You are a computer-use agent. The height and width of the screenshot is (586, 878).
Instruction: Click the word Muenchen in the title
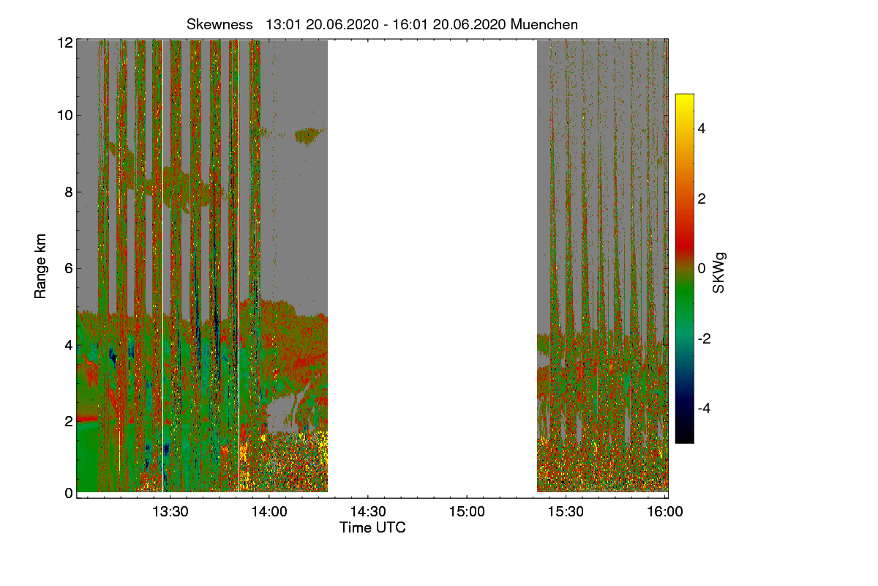coord(544,24)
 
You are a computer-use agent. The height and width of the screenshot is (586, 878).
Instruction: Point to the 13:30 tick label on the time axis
coord(170,512)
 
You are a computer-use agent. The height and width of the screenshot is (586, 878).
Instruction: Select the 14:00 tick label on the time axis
coord(269,512)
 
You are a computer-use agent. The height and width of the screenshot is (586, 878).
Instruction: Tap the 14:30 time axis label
coord(368,512)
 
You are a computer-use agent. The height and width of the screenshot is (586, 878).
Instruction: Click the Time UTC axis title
coord(372,527)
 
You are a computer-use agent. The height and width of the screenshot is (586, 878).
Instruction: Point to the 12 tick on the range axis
coord(65,42)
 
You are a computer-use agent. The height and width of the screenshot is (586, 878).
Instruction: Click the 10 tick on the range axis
coord(65,116)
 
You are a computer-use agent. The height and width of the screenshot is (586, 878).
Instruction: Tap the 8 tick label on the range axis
coord(69,193)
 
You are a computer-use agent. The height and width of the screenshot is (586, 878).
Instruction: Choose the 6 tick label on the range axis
coord(69,269)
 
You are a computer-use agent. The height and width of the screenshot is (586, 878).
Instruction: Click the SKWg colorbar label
coord(719,272)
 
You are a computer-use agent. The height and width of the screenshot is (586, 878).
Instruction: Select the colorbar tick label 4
coord(701,128)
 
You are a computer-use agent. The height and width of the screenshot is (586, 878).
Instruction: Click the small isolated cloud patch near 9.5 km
coord(308,135)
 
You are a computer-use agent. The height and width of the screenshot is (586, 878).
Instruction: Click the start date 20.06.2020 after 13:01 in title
coord(338,24)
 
